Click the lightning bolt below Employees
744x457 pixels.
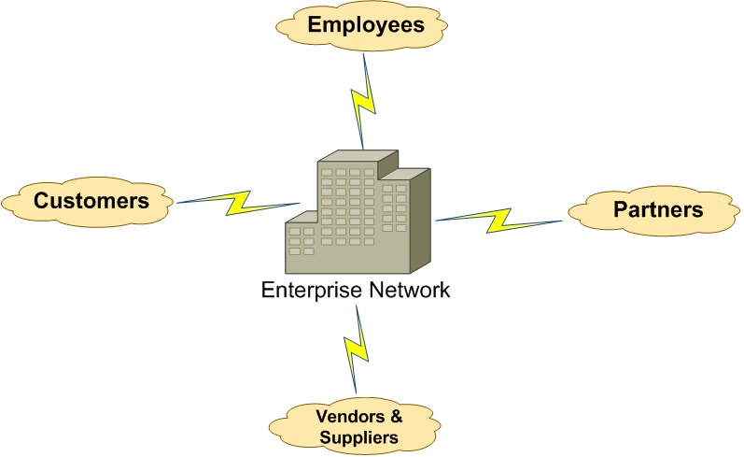[365, 100]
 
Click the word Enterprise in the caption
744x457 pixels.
[310, 290]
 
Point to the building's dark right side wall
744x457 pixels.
[420, 221]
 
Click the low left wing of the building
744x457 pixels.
[301, 241]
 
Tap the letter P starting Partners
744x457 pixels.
[619, 209]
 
